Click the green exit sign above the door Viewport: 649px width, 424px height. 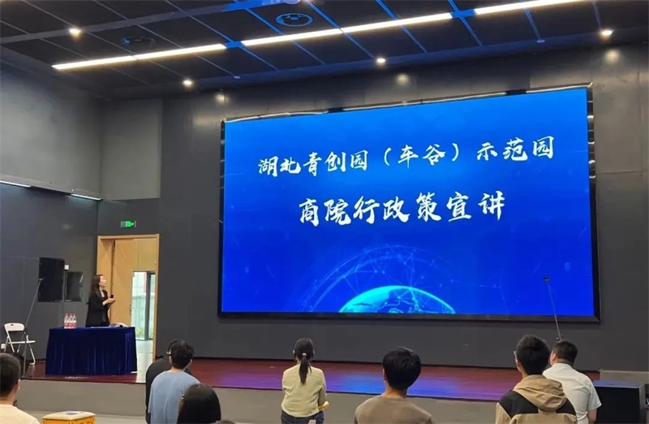(128, 224)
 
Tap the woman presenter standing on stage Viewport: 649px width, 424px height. (99, 301)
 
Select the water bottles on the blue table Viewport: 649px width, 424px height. (70, 321)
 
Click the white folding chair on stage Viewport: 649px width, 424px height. (19, 338)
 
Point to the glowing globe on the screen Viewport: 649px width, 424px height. (397, 300)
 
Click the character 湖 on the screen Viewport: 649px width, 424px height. (269, 165)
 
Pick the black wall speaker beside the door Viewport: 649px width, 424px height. (52, 279)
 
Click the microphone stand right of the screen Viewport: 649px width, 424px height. (554, 308)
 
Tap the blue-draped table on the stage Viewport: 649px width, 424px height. (91, 350)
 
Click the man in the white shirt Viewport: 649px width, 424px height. (572, 381)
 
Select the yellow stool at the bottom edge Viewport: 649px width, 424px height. (69, 418)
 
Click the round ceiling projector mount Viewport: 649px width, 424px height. (294, 19)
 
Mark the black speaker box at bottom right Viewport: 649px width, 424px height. (620, 401)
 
